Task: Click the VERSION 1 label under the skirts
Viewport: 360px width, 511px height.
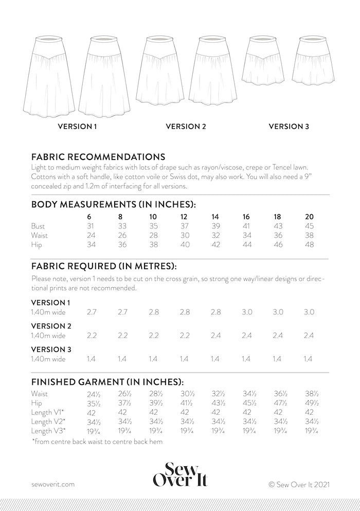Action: (x=77, y=126)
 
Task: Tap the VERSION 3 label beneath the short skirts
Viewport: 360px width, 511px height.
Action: (x=289, y=126)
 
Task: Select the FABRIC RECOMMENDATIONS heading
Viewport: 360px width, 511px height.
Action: (x=98, y=156)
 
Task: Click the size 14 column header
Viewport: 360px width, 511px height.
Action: (x=215, y=216)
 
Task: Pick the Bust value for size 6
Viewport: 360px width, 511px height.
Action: (x=91, y=226)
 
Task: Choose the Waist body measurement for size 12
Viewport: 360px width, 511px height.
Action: (x=184, y=235)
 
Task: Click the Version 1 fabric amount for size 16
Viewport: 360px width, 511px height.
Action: (x=247, y=312)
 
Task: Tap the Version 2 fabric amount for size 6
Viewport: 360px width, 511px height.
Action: (x=92, y=336)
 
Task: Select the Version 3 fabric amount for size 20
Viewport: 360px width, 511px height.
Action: (x=308, y=359)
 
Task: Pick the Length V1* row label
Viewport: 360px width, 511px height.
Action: (x=48, y=413)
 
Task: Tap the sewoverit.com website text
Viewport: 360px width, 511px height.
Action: (x=53, y=484)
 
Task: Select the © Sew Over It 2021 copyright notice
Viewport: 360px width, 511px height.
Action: (x=298, y=484)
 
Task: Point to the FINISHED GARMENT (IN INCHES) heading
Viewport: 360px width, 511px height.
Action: (x=107, y=382)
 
